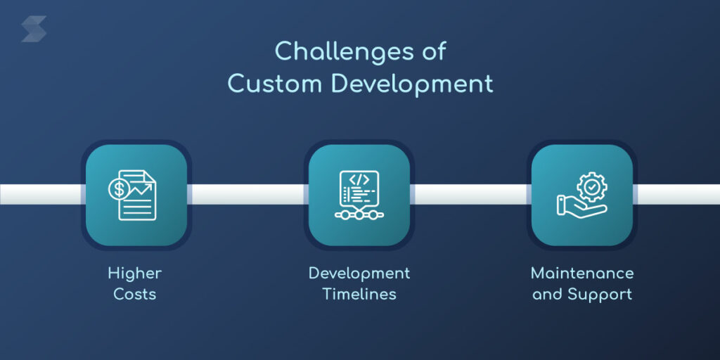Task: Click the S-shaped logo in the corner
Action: point(34,30)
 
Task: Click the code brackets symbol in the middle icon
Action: point(359,179)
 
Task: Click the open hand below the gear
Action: point(578,207)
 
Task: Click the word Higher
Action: point(134,273)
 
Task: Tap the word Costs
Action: point(134,294)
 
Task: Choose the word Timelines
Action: point(359,294)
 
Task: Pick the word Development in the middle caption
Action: point(359,273)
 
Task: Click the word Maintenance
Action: point(582,273)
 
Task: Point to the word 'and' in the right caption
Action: point(547,294)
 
